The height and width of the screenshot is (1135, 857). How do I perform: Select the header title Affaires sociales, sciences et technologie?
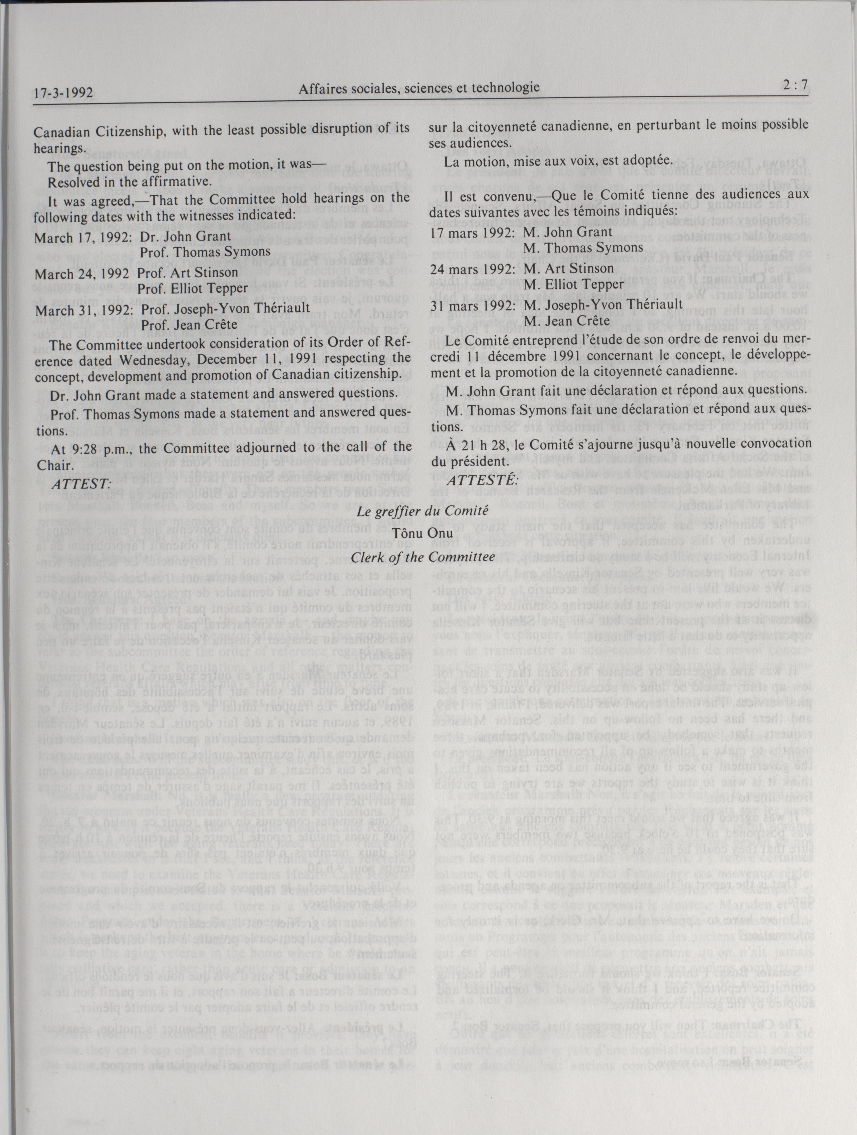coord(419,88)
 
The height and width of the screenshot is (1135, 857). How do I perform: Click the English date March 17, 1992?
coord(83,238)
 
